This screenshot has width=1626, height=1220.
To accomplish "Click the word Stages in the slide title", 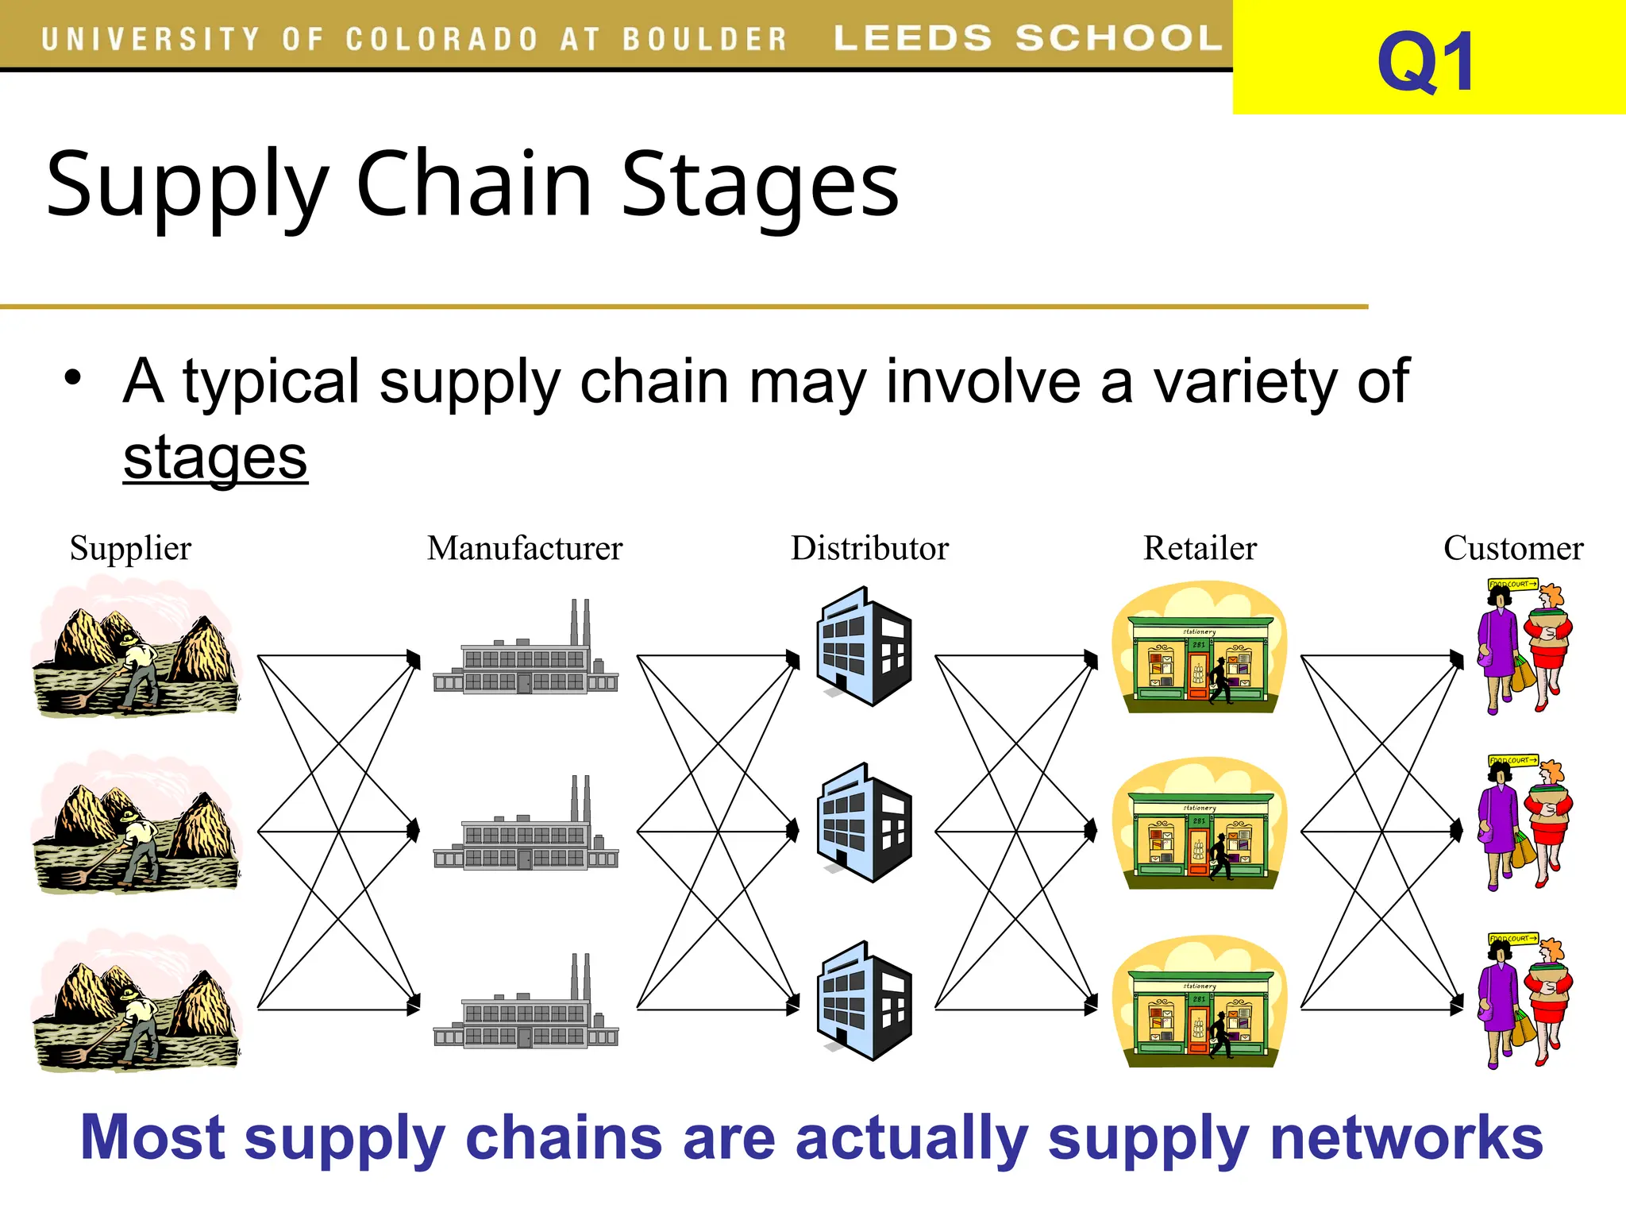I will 759,184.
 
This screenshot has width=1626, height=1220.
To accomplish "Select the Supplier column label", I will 130,548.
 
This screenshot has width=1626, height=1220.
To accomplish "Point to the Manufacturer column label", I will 524,548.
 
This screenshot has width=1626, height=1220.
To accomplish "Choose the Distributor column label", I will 869,548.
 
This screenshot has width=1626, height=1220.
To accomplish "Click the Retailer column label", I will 1200,548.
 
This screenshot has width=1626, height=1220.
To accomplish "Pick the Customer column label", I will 1512,548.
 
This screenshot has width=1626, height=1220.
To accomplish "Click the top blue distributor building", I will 864,647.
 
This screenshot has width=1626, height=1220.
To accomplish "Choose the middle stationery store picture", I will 1199,824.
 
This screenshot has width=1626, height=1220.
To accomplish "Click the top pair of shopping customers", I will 1524,647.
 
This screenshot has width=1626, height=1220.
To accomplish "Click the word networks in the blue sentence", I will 1405,1137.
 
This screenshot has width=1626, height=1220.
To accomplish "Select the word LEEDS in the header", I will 913,38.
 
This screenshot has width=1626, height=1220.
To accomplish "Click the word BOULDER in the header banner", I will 704,39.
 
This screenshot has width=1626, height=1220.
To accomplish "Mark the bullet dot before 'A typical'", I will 73,377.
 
